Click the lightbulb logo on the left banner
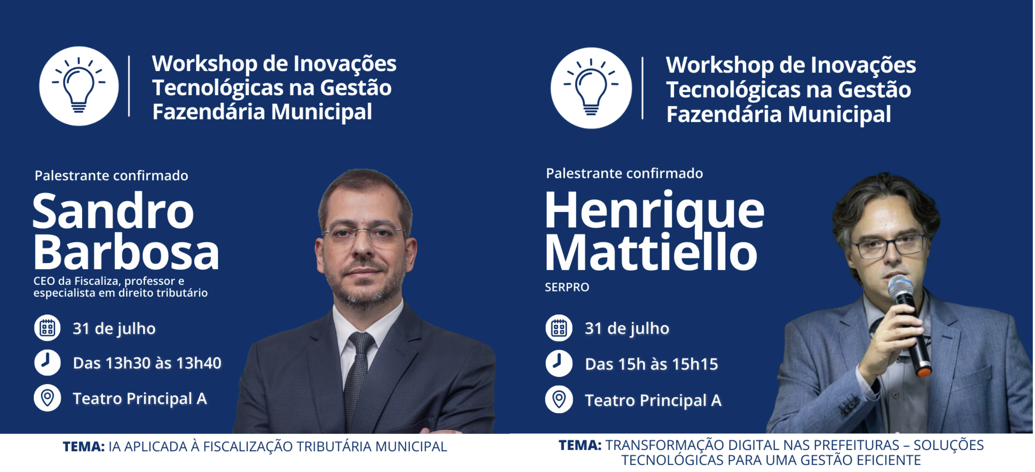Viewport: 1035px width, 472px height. pyautogui.click(x=79, y=86)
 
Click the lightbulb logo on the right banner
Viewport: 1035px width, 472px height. pyautogui.click(x=591, y=88)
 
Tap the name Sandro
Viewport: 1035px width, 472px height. pyautogui.click(x=113, y=211)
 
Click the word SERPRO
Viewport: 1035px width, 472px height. pyautogui.click(x=567, y=287)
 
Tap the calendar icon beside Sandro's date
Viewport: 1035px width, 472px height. pyautogui.click(x=47, y=328)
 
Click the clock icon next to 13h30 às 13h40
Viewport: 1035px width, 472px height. pyautogui.click(x=47, y=363)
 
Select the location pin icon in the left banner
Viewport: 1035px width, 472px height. pyautogui.click(x=47, y=398)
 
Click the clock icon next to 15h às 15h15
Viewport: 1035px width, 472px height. pyautogui.click(x=559, y=363)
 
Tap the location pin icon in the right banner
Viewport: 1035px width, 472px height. pyautogui.click(x=559, y=400)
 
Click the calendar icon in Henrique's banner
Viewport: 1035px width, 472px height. pyautogui.click(x=559, y=328)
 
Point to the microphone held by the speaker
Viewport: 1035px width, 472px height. pyautogui.click(x=909, y=325)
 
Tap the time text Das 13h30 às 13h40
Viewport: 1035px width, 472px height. pyautogui.click(x=147, y=363)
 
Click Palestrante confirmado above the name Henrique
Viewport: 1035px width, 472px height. pyautogui.click(x=624, y=173)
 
